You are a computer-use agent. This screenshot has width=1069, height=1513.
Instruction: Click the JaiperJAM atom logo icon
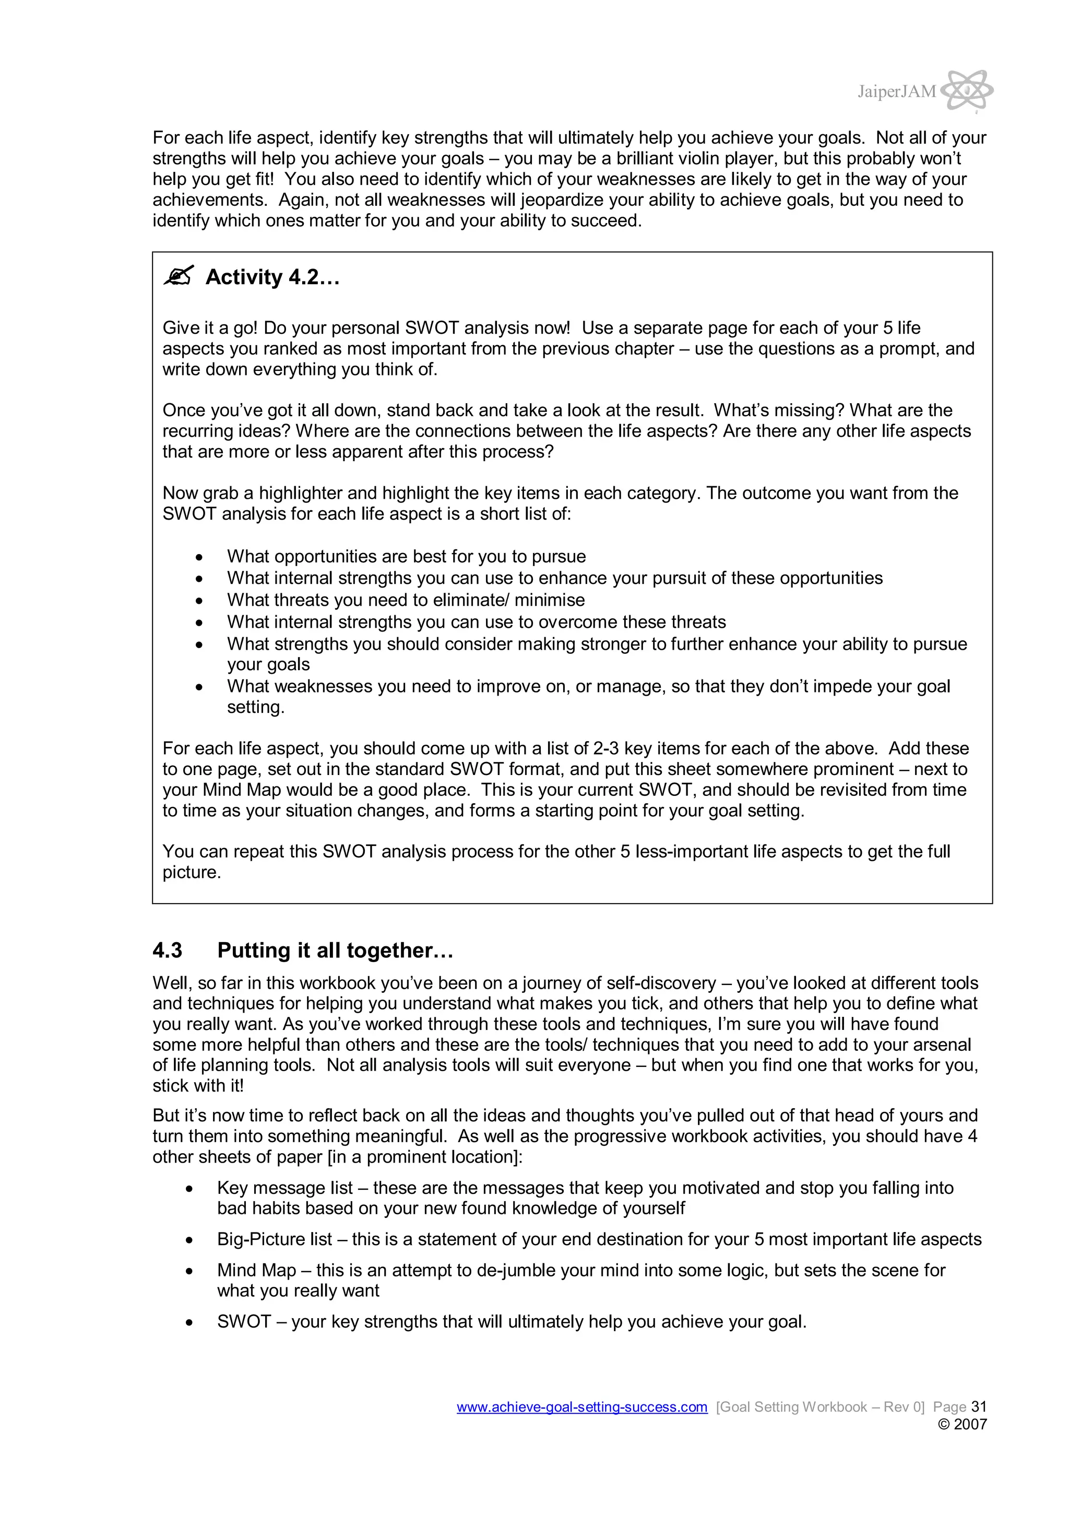(967, 90)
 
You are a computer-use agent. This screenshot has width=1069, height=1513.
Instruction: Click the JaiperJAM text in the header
(896, 91)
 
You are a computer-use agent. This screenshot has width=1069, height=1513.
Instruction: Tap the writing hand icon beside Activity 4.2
(179, 276)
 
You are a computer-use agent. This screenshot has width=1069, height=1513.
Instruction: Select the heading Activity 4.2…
(272, 277)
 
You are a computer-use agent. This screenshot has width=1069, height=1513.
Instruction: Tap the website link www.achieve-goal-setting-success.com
(581, 1407)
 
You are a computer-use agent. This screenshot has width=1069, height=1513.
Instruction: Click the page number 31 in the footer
(979, 1407)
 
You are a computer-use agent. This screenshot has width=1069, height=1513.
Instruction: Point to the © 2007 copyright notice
(961, 1424)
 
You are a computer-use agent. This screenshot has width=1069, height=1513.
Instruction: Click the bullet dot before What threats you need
(199, 600)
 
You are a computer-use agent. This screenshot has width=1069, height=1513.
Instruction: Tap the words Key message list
(284, 1188)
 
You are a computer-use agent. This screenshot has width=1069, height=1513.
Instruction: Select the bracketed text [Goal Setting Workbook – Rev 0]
(820, 1407)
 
